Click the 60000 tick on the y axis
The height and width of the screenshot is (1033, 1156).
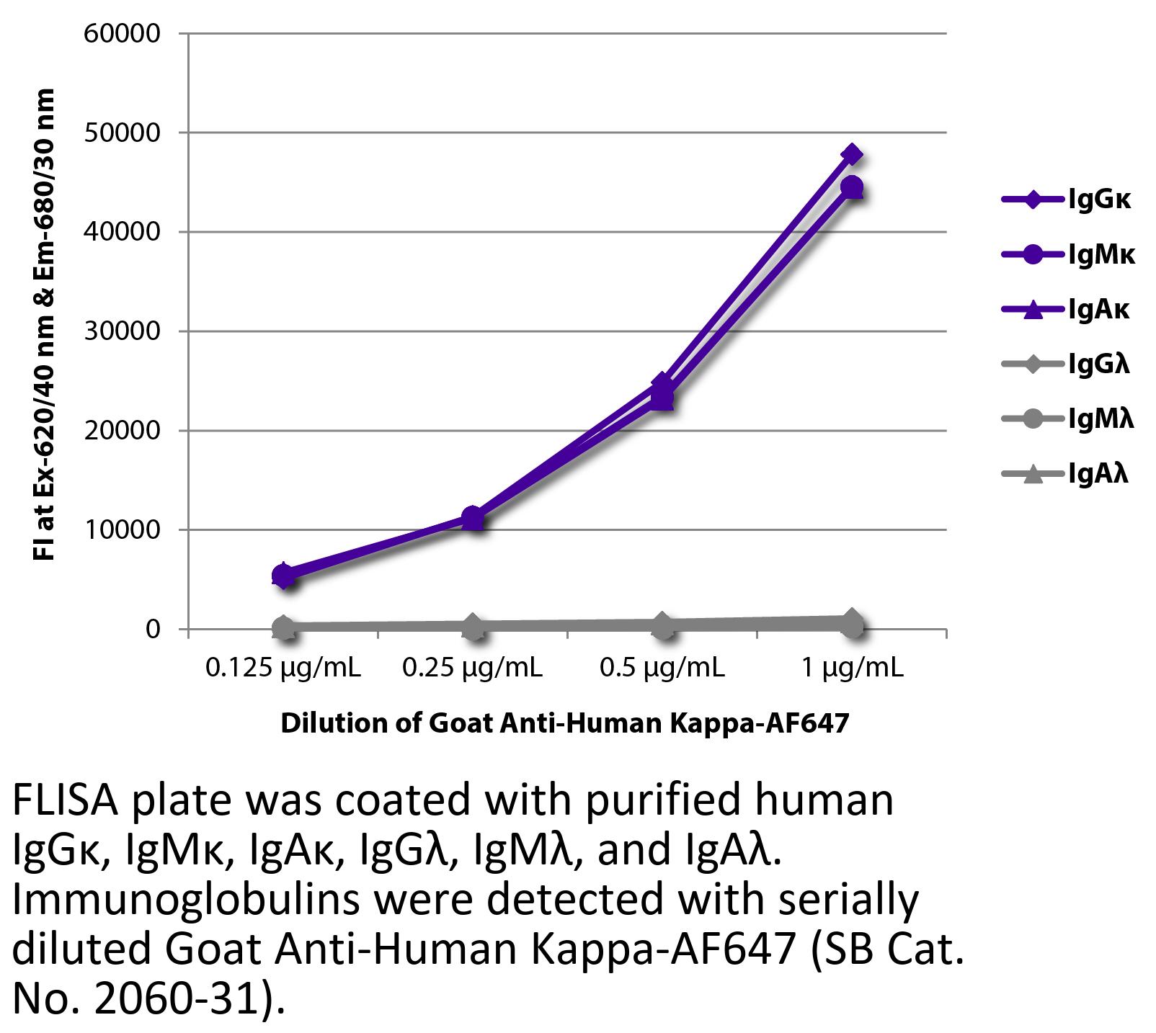(x=122, y=34)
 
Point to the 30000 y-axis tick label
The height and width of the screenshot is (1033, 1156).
(x=122, y=331)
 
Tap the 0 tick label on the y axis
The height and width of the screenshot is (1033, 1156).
(x=152, y=630)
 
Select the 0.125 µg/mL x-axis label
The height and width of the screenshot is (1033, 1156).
(x=283, y=668)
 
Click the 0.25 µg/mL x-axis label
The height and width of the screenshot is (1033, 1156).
(x=473, y=668)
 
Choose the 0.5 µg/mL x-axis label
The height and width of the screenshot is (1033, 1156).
(x=662, y=668)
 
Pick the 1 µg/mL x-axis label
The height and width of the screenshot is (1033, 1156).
(x=853, y=668)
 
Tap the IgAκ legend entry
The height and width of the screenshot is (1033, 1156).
(x=1067, y=309)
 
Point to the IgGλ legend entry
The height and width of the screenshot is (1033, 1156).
(x=1067, y=364)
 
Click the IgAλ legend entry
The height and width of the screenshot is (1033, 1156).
(x=1067, y=473)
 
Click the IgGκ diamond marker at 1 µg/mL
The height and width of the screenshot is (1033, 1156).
(x=853, y=154)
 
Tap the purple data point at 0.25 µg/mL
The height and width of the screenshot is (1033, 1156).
(x=473, y=516)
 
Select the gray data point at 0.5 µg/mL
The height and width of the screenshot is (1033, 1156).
(x=662, y=625)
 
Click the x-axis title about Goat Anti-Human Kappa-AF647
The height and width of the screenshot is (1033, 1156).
(x=565, y=723)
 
